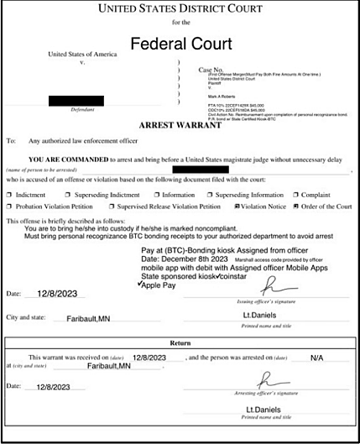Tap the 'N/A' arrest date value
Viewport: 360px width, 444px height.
(x=316, y=358)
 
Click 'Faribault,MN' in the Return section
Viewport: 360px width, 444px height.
(x=109, y=367)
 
